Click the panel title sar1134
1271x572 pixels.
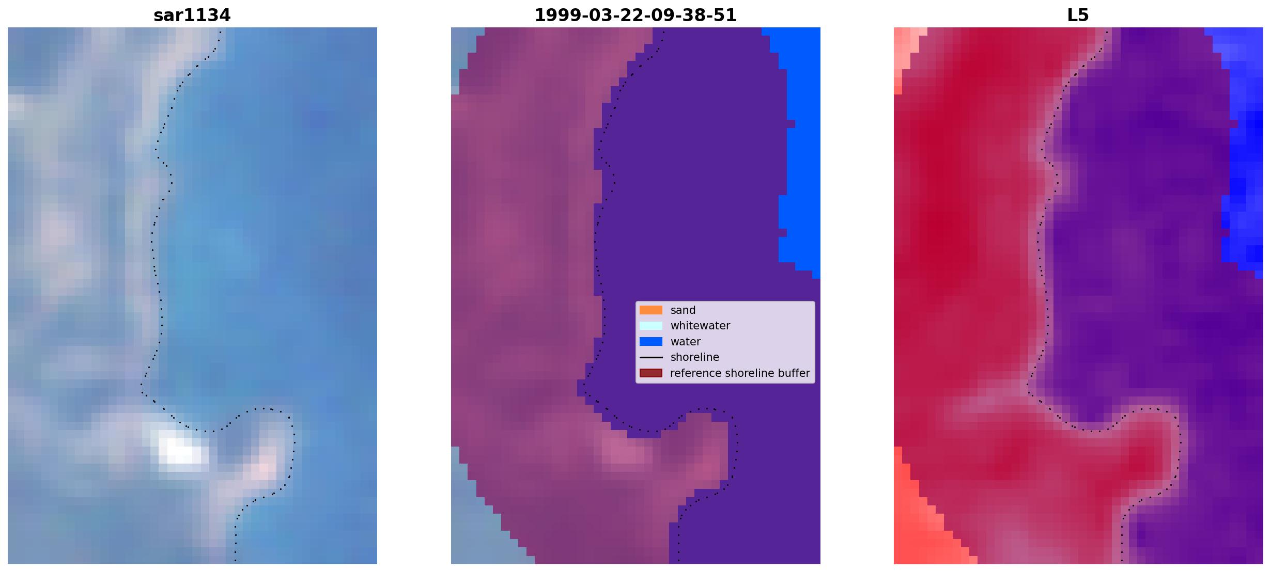[192, 15]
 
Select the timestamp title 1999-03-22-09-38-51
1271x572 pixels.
[636, 15]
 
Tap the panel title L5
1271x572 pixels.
[1078, 15]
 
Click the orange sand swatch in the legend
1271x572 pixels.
[651, 310]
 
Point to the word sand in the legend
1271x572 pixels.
[683, 310]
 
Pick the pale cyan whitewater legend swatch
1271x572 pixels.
[651, 326]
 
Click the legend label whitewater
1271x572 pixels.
[700, 326]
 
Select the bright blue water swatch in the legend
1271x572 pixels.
[651, 342]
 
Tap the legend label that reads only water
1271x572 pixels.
[686, 342]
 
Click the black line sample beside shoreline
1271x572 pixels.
[651, 357]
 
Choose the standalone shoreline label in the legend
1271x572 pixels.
[695, 357]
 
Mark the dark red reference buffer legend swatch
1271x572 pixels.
[651, 373]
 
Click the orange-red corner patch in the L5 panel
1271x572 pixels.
[925, 521]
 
